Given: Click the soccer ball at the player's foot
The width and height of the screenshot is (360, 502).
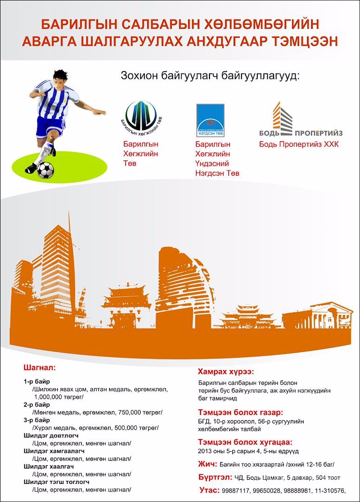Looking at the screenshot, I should (x=45, y=170).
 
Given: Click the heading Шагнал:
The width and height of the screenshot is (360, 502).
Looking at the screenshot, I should (x=39, y=368).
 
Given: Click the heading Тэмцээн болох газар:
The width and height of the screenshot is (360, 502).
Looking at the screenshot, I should (x=240, y=413).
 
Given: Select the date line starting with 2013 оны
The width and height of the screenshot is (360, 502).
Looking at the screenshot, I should (x=248, y=451).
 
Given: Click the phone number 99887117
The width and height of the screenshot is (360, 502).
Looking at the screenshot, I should (x=236, y=490).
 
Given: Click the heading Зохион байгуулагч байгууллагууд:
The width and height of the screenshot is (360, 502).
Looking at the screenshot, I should (x=210, y=75).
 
